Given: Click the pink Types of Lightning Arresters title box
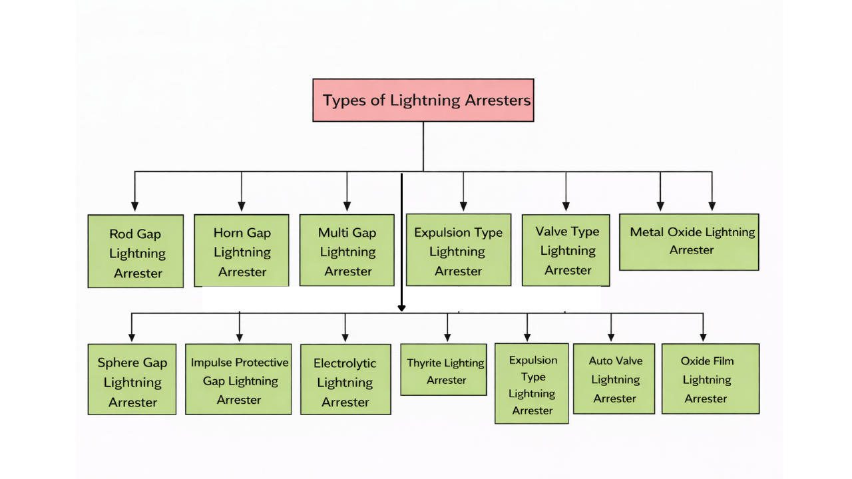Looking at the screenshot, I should [423, 100].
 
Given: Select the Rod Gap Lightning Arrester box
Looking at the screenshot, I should [136, 251].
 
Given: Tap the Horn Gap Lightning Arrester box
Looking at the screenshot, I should [242, 250].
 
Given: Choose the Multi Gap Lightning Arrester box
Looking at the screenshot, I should [347, 250].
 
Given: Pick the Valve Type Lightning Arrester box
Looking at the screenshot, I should [566, 250].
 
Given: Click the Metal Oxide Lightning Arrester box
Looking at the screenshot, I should [689, 241].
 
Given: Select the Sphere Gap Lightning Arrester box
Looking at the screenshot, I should [132, 379].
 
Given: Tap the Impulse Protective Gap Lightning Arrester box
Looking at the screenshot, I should [238, 379].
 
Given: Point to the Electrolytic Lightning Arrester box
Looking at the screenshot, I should [345, 379].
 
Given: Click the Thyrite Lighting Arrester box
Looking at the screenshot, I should [443, 370].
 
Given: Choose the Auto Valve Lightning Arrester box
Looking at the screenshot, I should [614, 379].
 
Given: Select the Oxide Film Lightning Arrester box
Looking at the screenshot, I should [710, 379].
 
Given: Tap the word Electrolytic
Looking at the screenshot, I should [345, 363].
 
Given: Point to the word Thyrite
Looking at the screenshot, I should [425, 363].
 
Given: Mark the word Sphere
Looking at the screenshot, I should [119, 363].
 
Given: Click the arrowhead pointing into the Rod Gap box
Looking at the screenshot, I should [135, 206].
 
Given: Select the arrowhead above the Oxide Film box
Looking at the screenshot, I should [703, 337].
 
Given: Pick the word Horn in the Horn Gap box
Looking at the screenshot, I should [228, 233].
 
